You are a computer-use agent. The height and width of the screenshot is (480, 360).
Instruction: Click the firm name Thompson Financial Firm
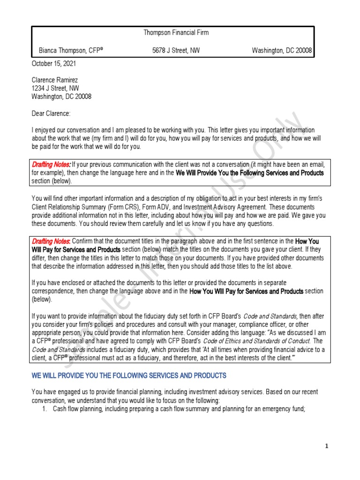176,33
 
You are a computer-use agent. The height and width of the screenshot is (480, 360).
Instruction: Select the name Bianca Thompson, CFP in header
71,50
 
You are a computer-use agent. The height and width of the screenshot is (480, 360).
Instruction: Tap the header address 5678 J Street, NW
176,50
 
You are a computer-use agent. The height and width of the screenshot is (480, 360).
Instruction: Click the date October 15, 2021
53,63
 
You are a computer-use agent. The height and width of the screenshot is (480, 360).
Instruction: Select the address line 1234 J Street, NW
55,88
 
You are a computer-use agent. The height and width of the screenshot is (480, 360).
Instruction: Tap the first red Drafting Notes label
51,165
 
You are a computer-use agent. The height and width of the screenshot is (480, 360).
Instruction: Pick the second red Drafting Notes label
51,241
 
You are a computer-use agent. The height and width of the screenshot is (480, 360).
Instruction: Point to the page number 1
327,446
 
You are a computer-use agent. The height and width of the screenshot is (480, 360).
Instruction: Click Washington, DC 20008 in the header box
282,50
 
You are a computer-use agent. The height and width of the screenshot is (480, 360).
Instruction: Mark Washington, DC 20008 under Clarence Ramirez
61,97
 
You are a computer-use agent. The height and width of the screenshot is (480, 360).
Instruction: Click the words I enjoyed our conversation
68,130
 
